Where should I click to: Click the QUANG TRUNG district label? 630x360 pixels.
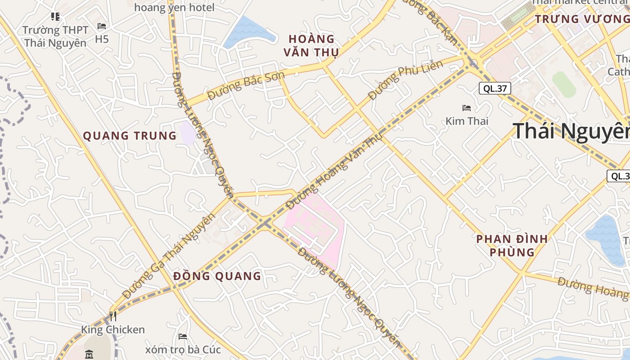coord(130,135)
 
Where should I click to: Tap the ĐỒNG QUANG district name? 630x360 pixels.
coord(217,276)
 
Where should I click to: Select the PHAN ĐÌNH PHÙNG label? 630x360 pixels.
coord(512,245)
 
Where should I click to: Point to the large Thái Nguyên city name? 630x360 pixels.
coord(571,131)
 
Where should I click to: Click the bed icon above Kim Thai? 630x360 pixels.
coord(467,108)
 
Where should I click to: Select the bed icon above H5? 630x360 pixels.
coord(102,26)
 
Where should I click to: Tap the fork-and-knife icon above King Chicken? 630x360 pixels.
coord(112,316)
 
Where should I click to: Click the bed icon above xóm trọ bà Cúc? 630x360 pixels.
coord(182,337)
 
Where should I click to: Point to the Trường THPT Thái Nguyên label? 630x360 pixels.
coord(55,36)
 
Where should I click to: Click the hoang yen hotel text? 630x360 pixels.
coord(174,8)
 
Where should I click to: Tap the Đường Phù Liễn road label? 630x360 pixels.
coord(405,80)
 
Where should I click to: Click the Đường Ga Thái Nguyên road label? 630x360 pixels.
coord(168,256)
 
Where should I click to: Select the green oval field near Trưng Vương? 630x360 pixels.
coord(564,84)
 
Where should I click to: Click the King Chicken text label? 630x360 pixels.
coord(113,330)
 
